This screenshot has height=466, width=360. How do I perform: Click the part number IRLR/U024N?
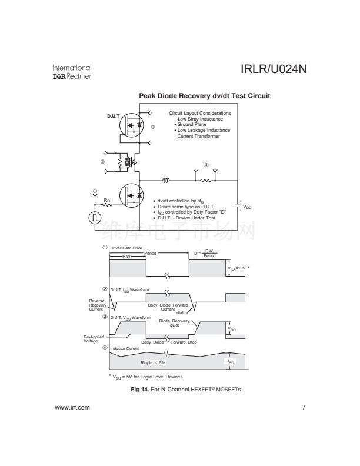click(x=274, y=71)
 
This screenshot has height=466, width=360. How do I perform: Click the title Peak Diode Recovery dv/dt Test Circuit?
click(x=204, y=96)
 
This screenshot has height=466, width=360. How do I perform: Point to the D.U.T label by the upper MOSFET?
click(x=113, y=115)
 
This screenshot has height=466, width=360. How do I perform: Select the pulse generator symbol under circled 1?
click(x=95, y=218)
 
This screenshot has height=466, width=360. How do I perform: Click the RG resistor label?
click(x=106, y=200)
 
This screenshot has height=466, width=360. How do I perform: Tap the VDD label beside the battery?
click(x=248, y=207)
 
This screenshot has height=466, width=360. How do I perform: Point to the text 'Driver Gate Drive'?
click(x=126, y=248)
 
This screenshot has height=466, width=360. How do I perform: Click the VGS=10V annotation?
click(x=239, y=268)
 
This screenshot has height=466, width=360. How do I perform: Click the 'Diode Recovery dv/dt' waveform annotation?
click(x=174, y=322)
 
